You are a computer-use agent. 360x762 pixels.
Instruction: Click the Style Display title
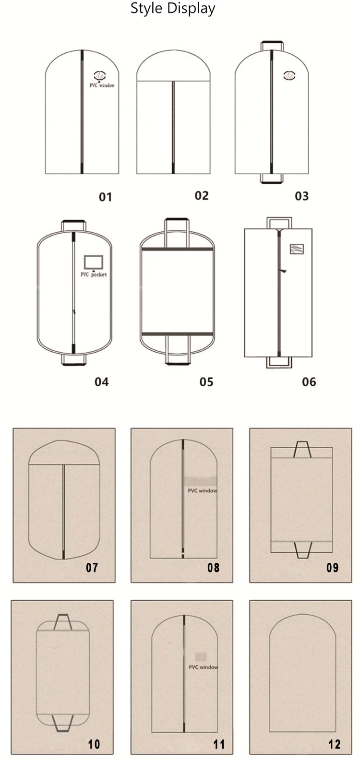coord(173,9)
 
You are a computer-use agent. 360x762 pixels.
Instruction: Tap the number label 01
coord(105,197)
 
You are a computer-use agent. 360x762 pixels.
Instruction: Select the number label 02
coord(202,196)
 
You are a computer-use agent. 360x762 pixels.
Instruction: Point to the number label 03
coord(302,196)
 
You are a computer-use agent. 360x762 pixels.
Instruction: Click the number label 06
coord(309,381)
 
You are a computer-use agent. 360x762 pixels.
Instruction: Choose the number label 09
coord(333,567)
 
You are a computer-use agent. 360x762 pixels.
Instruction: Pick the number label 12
coord(335,744)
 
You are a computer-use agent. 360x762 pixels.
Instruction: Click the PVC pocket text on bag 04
coord(94,274)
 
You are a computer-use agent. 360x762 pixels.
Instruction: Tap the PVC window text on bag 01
coord(102,85)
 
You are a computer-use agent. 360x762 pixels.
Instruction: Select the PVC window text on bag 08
coord(203,490)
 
